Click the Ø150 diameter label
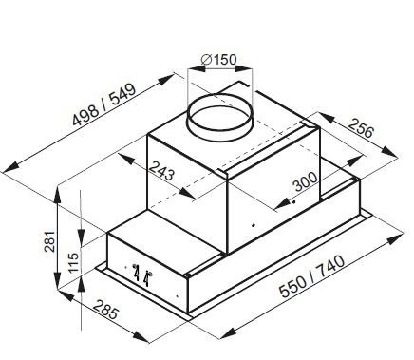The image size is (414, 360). [218, 59]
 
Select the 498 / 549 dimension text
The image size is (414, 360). [104, 104]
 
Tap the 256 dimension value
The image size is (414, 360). [361, 128]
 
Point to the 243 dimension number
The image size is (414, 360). [161, 170]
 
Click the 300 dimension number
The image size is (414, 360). [305, 181]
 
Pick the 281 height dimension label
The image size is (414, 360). [50, 241]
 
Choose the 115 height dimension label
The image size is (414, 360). [73, 262]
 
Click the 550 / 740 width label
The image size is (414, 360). [312, 276]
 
